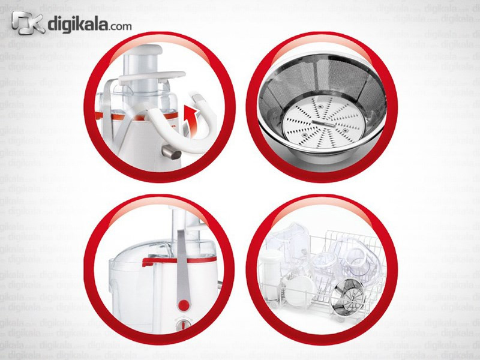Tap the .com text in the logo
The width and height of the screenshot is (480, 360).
point(119,26)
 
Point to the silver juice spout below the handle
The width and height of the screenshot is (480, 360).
point(171,152)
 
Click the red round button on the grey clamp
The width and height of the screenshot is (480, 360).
point(184,305)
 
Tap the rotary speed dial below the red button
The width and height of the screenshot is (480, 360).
point(184,325)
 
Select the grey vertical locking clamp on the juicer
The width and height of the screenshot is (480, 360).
point(183,269)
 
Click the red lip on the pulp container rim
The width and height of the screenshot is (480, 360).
point(179,261)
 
